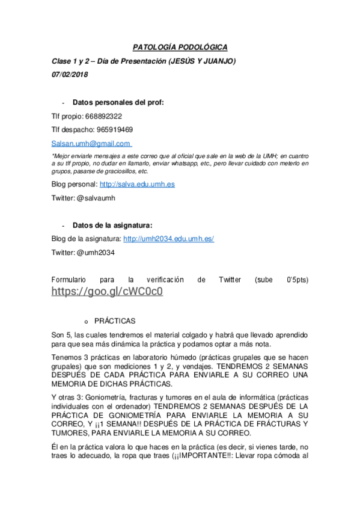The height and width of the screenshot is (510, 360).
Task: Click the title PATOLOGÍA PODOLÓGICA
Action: click(180, 48)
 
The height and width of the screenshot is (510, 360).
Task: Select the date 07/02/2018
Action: click(70, 75)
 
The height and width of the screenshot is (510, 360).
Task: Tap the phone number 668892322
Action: click(103, 115)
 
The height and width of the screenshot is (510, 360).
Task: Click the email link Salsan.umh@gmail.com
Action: click(91, 144)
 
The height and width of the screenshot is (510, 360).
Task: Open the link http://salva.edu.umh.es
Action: click(137, 184)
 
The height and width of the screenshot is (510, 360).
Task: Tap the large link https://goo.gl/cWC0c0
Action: click(107, 292)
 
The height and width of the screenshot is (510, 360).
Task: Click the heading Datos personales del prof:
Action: click(118, 102)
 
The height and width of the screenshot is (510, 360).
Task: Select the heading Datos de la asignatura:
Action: click(112, 226)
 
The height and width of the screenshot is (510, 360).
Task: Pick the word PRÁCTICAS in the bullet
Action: click(115, 321)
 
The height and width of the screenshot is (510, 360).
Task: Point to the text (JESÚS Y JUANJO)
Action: click(203, 61)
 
